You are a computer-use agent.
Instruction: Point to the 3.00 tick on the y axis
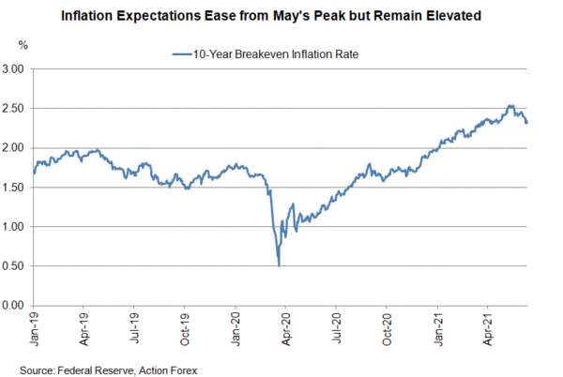[13, 69]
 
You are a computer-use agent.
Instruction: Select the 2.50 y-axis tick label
[13, 109]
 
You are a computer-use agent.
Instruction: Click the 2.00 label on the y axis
[13, 148]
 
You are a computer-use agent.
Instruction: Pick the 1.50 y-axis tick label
[13, 188]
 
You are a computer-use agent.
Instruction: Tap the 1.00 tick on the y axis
[13, 227]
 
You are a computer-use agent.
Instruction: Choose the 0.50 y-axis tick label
[13, 266]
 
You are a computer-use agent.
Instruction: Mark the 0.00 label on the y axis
[13, 306]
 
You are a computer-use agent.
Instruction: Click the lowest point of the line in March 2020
[279, 265]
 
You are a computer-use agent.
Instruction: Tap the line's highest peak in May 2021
[510, 106]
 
